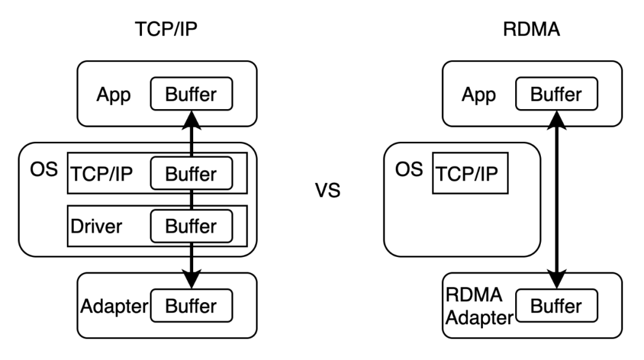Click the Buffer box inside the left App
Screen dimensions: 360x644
[x=191, y=94]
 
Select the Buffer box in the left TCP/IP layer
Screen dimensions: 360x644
[x=191, y=173]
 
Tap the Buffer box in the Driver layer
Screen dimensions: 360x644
[x=191, y=226]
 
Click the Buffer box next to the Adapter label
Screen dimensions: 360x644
[x=191, y=306]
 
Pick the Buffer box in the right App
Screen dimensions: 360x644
[x=556, y=94]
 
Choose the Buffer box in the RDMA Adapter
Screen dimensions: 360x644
[x=556, y=306]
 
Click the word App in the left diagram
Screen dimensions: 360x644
[x=113, y=95]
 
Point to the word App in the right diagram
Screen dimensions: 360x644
[x=478, y=95]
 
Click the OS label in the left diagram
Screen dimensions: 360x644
[x=44, y=169]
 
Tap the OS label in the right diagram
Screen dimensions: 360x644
[x=408, y=169]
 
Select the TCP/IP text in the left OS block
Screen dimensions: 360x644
[x=102, y=174]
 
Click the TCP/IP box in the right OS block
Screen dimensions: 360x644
[x=470, y=174]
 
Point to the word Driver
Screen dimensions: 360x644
[x=96, y=226]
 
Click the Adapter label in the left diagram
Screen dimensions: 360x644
[x=114, y=306]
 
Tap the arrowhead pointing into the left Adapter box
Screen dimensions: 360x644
[x=191, y=280]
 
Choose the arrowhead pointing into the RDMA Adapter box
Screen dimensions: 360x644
[x=556, y=280]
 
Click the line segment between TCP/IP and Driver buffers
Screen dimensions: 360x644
[x=191, y=199]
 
